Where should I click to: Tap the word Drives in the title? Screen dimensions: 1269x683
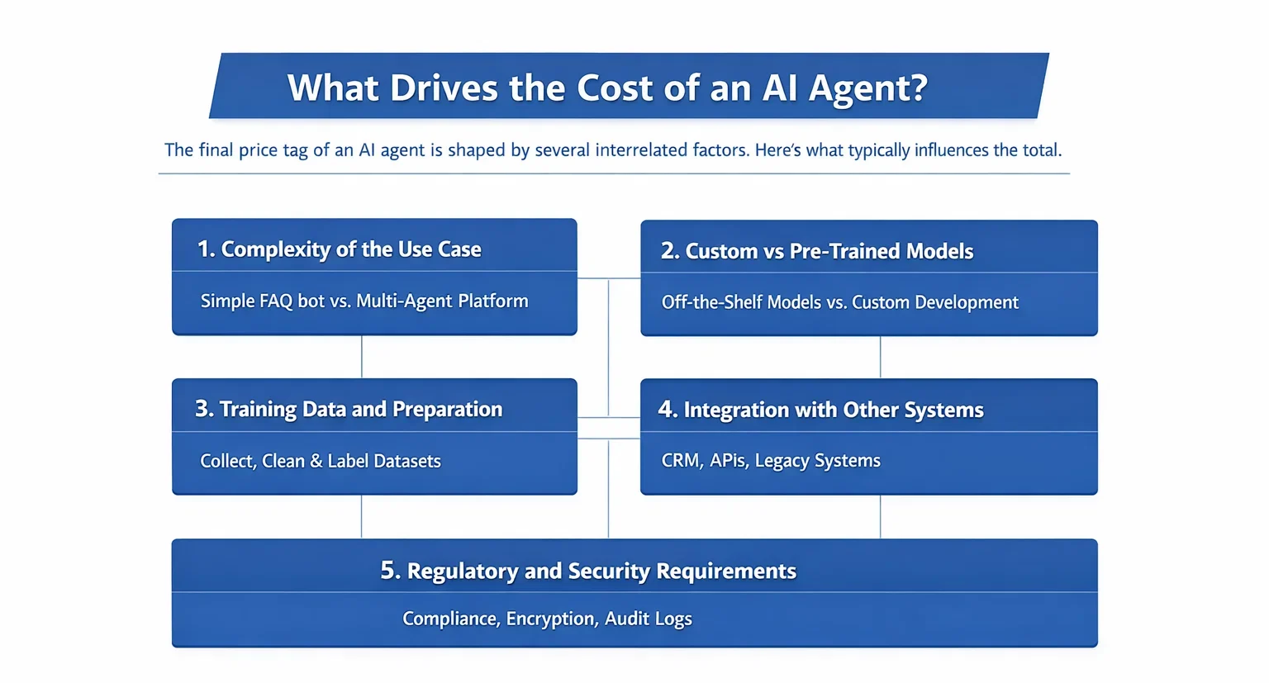[x=444, y=88]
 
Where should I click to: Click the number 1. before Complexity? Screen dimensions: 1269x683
[x=207, y=249]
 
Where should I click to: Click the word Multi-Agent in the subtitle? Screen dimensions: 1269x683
[x=404, y=301]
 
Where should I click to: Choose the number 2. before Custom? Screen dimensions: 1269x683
[x=670, y=251]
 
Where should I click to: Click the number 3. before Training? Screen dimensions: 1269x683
[x=205, y=409]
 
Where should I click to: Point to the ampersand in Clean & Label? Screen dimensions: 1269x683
[x=316, y=461]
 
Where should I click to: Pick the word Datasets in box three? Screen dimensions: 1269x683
[x=406, y=461]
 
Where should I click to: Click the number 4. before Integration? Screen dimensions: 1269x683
[x=668, y=410]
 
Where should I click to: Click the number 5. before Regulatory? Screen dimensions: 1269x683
[x=390, y=571]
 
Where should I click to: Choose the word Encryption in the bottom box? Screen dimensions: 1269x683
[x=551, y=619]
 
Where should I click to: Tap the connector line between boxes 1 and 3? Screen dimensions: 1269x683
[x=361, y=357]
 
